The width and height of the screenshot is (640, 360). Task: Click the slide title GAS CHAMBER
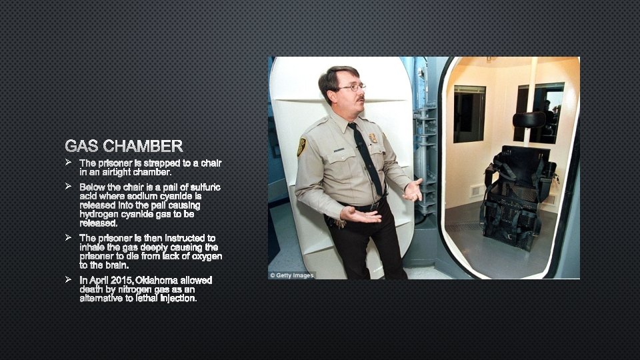point(123,145)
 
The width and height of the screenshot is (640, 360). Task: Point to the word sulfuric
point(204,187)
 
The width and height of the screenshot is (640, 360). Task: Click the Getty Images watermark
point(292,275)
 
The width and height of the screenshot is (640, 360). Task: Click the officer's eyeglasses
point(352,87)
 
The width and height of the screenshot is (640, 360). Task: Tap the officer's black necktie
point(368,160)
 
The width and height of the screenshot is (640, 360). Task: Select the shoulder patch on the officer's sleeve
point(302,147)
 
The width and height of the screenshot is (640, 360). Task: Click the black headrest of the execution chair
point(529,119)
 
